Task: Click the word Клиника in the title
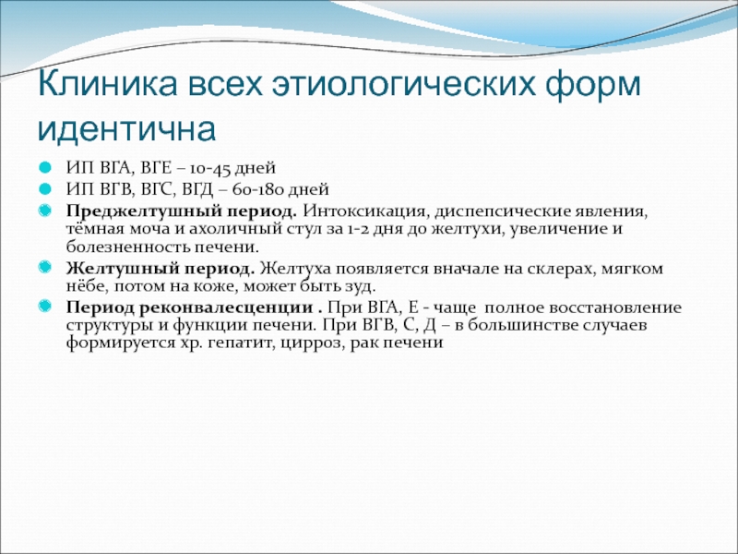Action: tap(108, 84)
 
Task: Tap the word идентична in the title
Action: tap(126, 128)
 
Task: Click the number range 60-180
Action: tap(258, 189)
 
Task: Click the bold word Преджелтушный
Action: tap(144, 211)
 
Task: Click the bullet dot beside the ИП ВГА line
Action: tap(44, 168)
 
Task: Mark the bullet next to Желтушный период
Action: tap(44, 268)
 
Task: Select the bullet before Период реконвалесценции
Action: tap(44, 307)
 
